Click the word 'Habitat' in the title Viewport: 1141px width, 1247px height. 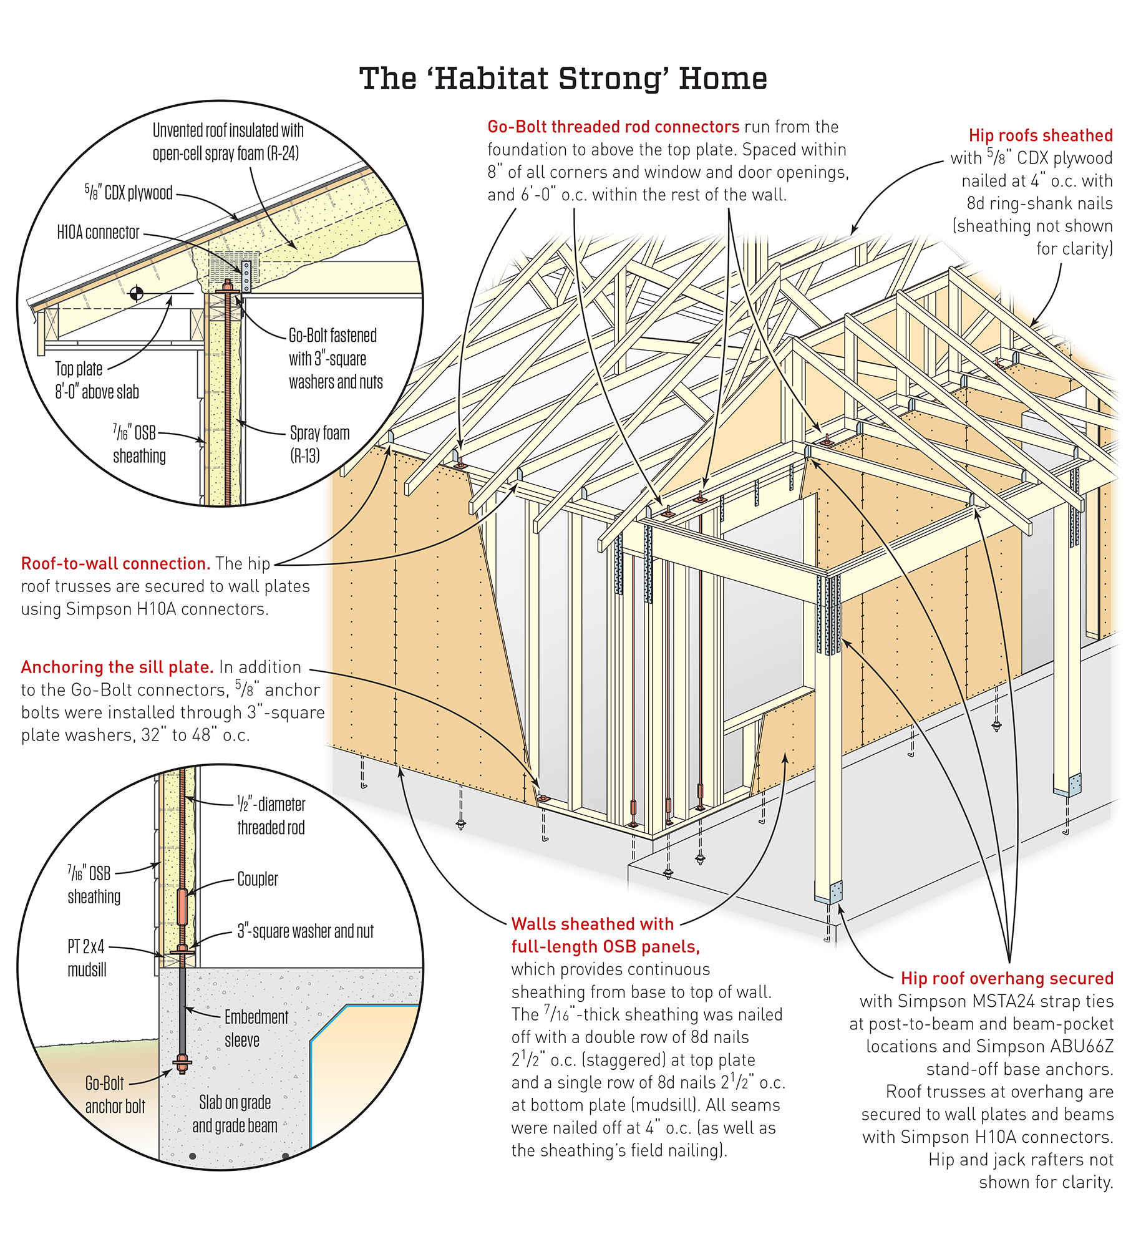pos(490,79)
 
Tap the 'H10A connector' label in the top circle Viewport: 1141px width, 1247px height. pos(98,233)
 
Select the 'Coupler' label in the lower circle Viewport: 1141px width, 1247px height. pos(257,879)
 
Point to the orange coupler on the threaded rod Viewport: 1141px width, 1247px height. pos(182,906)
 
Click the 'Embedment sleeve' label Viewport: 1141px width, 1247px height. pos(256,1028)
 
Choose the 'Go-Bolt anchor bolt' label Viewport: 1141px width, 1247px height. pos(114,1095)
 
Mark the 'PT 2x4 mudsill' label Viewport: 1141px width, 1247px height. pos(87,958)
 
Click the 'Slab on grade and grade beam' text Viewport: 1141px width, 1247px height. pos(235,1114)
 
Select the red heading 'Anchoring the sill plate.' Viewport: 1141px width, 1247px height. pos(117,667)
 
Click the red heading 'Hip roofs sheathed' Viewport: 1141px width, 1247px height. pos(1040,135)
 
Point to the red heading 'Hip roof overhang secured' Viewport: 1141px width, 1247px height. pos(1006,978)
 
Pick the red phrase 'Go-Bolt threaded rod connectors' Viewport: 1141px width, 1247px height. pos(613,127)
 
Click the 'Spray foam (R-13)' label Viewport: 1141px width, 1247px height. pos(319,444)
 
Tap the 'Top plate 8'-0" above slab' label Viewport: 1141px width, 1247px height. pos(97,380)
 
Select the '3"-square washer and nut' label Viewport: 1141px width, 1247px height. pos(305,931)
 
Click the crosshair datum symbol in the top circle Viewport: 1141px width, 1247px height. pos(136,293)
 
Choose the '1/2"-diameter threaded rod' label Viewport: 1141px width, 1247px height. pos(271,815)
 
